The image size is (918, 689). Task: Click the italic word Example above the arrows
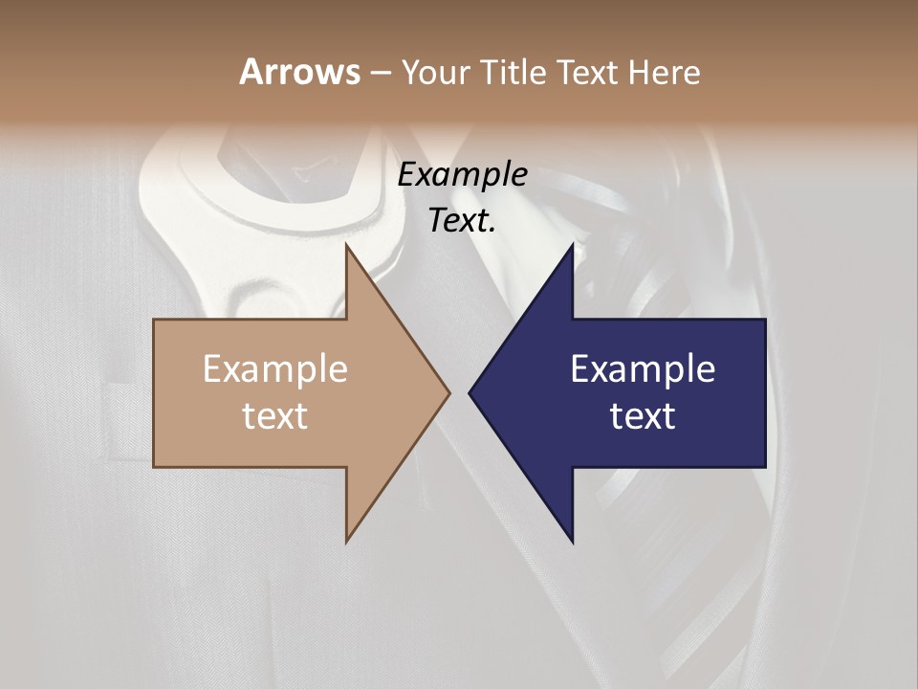463,175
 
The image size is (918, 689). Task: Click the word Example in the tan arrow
275,368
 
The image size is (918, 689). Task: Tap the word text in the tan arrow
275,415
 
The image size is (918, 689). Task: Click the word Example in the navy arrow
643,368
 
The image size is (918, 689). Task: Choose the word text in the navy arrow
643,415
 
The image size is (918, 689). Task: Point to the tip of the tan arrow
448,392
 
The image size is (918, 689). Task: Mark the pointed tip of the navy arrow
470,392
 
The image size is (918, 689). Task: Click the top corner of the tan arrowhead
347,246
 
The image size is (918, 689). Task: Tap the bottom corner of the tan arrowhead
347,541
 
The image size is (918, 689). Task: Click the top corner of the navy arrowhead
572,246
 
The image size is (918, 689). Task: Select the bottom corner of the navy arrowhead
572,541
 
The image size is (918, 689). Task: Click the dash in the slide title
380,74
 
